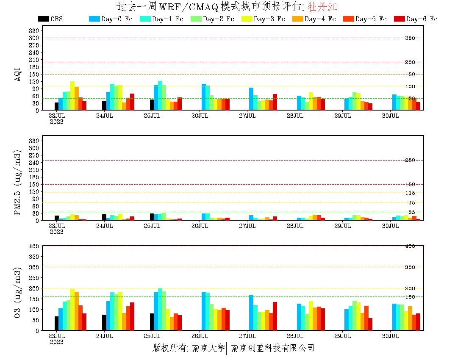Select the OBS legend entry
[x=50, y=19]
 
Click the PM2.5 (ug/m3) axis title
[x=18, y=183]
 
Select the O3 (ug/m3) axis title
[x=18, y=293]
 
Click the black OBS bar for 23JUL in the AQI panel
[x=57, y=106]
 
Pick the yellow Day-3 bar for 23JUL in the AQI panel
[x=72, y=96]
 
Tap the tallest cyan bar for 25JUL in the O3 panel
[x=160, y=310]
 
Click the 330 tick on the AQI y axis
[x=34, y=30]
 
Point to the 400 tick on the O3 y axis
[x=34, y=246]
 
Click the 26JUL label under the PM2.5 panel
[x=200, y=226]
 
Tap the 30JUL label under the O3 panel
[x=390, y=336]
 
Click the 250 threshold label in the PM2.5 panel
[x=410, y=161]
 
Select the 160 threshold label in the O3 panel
[x=410, y=297]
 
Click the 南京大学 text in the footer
[x=208, y=348]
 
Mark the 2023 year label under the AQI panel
[x=56, y=122]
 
